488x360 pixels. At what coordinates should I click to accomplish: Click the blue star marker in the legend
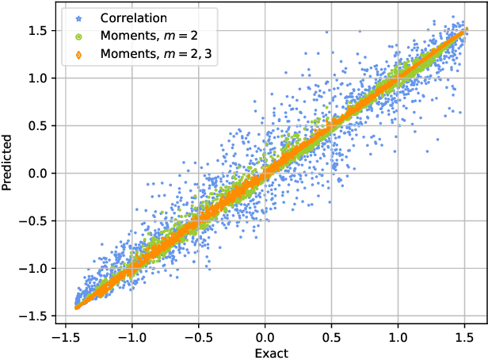[78, 17]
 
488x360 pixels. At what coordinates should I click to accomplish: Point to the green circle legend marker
[78, 36]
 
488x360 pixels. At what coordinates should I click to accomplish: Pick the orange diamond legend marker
[78, 55]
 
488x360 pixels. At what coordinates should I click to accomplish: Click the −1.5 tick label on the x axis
[65, 336]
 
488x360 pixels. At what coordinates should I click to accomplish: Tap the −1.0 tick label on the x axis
[132, 336]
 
